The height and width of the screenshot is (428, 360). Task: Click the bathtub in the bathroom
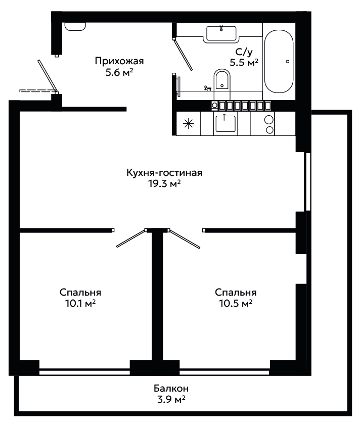click(279, 62)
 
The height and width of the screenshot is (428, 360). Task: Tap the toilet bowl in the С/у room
click(222, 80)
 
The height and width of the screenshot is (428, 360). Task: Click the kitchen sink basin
click(226, 124)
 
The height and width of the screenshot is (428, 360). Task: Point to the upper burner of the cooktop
click(269, 120)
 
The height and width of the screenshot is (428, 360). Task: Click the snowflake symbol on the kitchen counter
click(189, 124)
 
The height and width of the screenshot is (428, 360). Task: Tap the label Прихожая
click(119, 61)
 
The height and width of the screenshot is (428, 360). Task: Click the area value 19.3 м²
click(164, 183)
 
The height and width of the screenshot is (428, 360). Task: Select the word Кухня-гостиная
click(164, 172)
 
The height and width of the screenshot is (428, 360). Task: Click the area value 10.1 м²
click(80, 303)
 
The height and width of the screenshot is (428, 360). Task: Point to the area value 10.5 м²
click(236, 303)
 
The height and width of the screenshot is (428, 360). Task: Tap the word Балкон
click(171, 388)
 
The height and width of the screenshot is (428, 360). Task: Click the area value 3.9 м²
click(171, 399)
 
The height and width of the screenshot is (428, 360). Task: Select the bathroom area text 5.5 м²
click(244, 63)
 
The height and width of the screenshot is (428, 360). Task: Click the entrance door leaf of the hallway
click(48, 76)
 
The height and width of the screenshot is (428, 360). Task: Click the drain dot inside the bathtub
click(287, 62)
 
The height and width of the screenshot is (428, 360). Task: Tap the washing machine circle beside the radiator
click(215, 106)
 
